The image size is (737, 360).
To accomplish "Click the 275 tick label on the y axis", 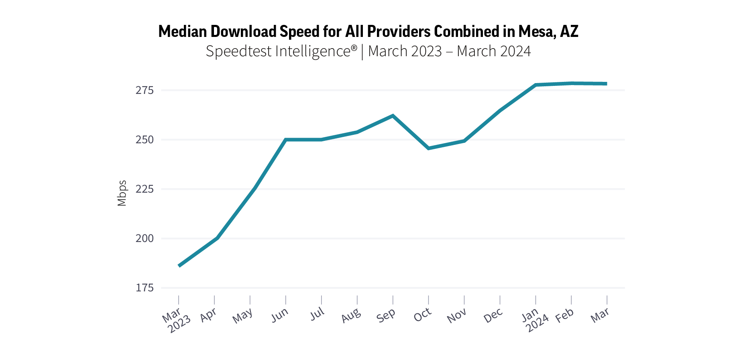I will [145, 90].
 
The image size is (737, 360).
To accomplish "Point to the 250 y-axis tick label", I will [145, 140].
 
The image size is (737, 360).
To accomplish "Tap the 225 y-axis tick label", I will [145, 189].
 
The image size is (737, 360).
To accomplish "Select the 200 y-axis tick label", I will [145, 238].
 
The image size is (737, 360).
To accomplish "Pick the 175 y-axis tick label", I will [145, 288].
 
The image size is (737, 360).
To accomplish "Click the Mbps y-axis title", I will [122, 193].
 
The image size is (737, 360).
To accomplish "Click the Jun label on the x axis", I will [280, 315].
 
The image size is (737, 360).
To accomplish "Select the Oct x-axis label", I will [422, 315].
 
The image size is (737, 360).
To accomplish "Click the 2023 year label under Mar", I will [179, 324].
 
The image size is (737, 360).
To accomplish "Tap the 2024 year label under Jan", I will [537, 323].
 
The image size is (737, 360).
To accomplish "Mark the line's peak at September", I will [393, 116].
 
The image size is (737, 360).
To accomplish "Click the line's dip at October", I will [429, 148].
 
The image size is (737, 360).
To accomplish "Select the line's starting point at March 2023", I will [179, 266].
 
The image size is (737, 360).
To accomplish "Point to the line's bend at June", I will [285, 140].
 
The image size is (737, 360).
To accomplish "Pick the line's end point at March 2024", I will [606, 84].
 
